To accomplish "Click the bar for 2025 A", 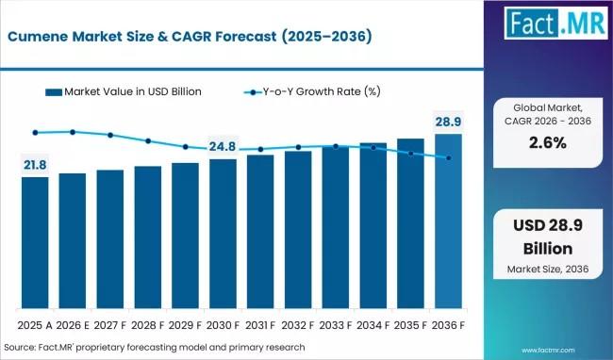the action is [x=35, y=242].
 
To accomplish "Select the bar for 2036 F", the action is [x=448, y=221].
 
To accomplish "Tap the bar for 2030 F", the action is [x=223, y=234].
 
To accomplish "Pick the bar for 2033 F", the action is [x=336, y=227].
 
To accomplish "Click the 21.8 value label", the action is [x=35, y=165].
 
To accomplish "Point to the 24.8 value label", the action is [x=223, y=146].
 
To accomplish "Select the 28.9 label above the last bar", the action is [x=448, y=122].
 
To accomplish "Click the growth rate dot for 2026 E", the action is [x=73, y=132].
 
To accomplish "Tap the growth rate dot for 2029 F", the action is [x=185, y=147].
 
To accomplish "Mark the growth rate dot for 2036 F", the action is [x=449, y=158].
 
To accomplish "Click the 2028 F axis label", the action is [x=148, y=325].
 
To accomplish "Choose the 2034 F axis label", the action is [x=373, y=325].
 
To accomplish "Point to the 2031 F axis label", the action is [x=260, y=325].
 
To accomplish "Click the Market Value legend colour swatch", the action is [x=54, y=92].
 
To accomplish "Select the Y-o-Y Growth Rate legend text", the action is [x=322, y=91].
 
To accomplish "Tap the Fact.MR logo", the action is [x=555, y=23].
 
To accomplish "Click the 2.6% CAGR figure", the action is [x=548, y=143].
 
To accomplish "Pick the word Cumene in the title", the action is [x=38, y=37].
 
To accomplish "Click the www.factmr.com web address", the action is [x=548, y=351].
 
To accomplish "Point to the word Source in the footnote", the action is [x=19, y=347].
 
